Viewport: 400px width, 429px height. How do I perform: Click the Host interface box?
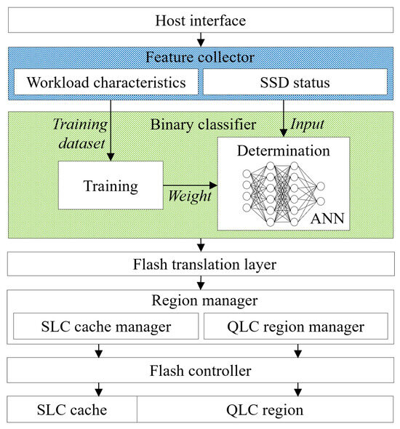point(199,20)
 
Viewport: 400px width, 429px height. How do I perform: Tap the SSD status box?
point(295,82)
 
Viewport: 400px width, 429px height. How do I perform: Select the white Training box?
point(111,186)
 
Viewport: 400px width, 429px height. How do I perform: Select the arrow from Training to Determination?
point(189,186)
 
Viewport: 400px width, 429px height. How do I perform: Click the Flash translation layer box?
point(199,265)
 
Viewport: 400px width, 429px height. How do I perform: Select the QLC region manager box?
point(295,326)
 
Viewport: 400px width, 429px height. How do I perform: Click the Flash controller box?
point(199,371)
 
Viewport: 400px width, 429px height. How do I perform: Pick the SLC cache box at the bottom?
point(72,409)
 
